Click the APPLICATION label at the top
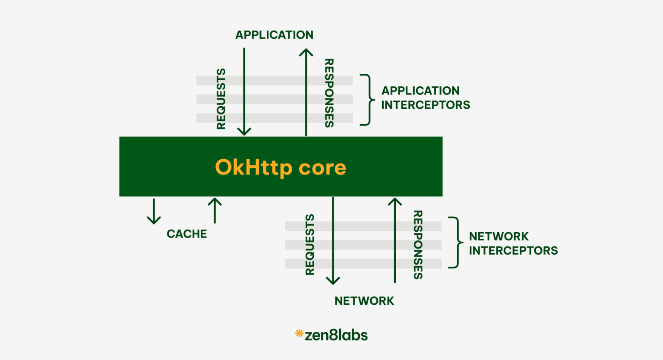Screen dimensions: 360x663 click(x=274, y=35)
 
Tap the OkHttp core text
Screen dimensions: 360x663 click(x=281, y=167)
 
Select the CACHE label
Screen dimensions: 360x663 click(x=186, y=234)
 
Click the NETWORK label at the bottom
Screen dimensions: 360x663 click(x=364, y=301)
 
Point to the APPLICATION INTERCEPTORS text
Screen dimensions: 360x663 click(x=425, y=98)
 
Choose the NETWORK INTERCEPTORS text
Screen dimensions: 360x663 click(x=513, y=243)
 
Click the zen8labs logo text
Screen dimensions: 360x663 click(x=336, y=335)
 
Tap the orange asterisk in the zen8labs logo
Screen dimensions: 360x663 click(x=299, y=333)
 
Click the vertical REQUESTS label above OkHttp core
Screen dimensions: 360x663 click(x=221, y=99)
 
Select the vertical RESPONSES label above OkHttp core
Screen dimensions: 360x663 click(x=329, y=93)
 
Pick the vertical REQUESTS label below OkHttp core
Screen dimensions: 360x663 click(x=310, y=244)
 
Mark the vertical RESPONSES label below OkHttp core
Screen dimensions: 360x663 click(x=418, y=245)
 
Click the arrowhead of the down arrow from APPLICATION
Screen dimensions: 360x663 click(x=244, y=131)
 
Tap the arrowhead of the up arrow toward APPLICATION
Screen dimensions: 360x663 click(x=306, y=53)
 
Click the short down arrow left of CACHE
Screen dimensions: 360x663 click(x=154, y=212)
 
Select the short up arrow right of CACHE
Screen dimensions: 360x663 click(x=215, y=210)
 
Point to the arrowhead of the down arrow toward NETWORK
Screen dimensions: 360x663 click(x=333, y=280)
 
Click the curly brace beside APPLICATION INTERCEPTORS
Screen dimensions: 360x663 click(x=368, y=100)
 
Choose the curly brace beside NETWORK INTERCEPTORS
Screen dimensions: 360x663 click(x=456, y=243)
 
